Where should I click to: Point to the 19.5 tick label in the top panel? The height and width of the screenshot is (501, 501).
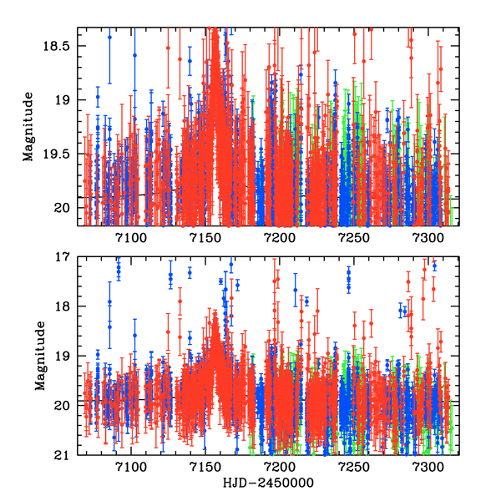pos(60,154)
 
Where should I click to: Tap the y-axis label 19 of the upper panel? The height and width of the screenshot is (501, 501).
pos(67,100)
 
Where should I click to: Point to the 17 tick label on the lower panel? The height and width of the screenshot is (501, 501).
pos(67,257)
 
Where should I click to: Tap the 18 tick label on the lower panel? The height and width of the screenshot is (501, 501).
pos(67,306)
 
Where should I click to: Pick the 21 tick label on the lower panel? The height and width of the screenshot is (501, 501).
pos(67,455)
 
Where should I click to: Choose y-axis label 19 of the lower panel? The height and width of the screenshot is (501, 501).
pos(67,357)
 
